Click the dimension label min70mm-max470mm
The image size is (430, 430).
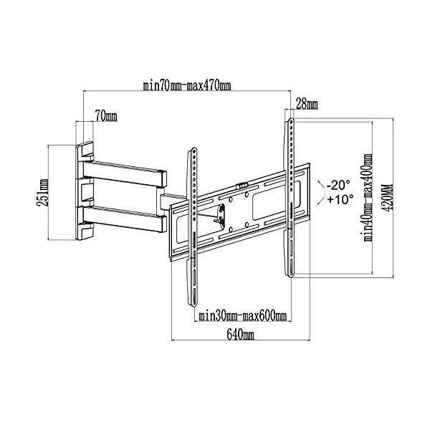(x=187, y=87)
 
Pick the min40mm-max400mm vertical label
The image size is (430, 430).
(x=367, y=198)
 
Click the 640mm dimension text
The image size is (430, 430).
(x=240, y=335)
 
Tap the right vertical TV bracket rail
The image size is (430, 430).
(x=290, y=197)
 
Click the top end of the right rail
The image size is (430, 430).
(x=290, y=123)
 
